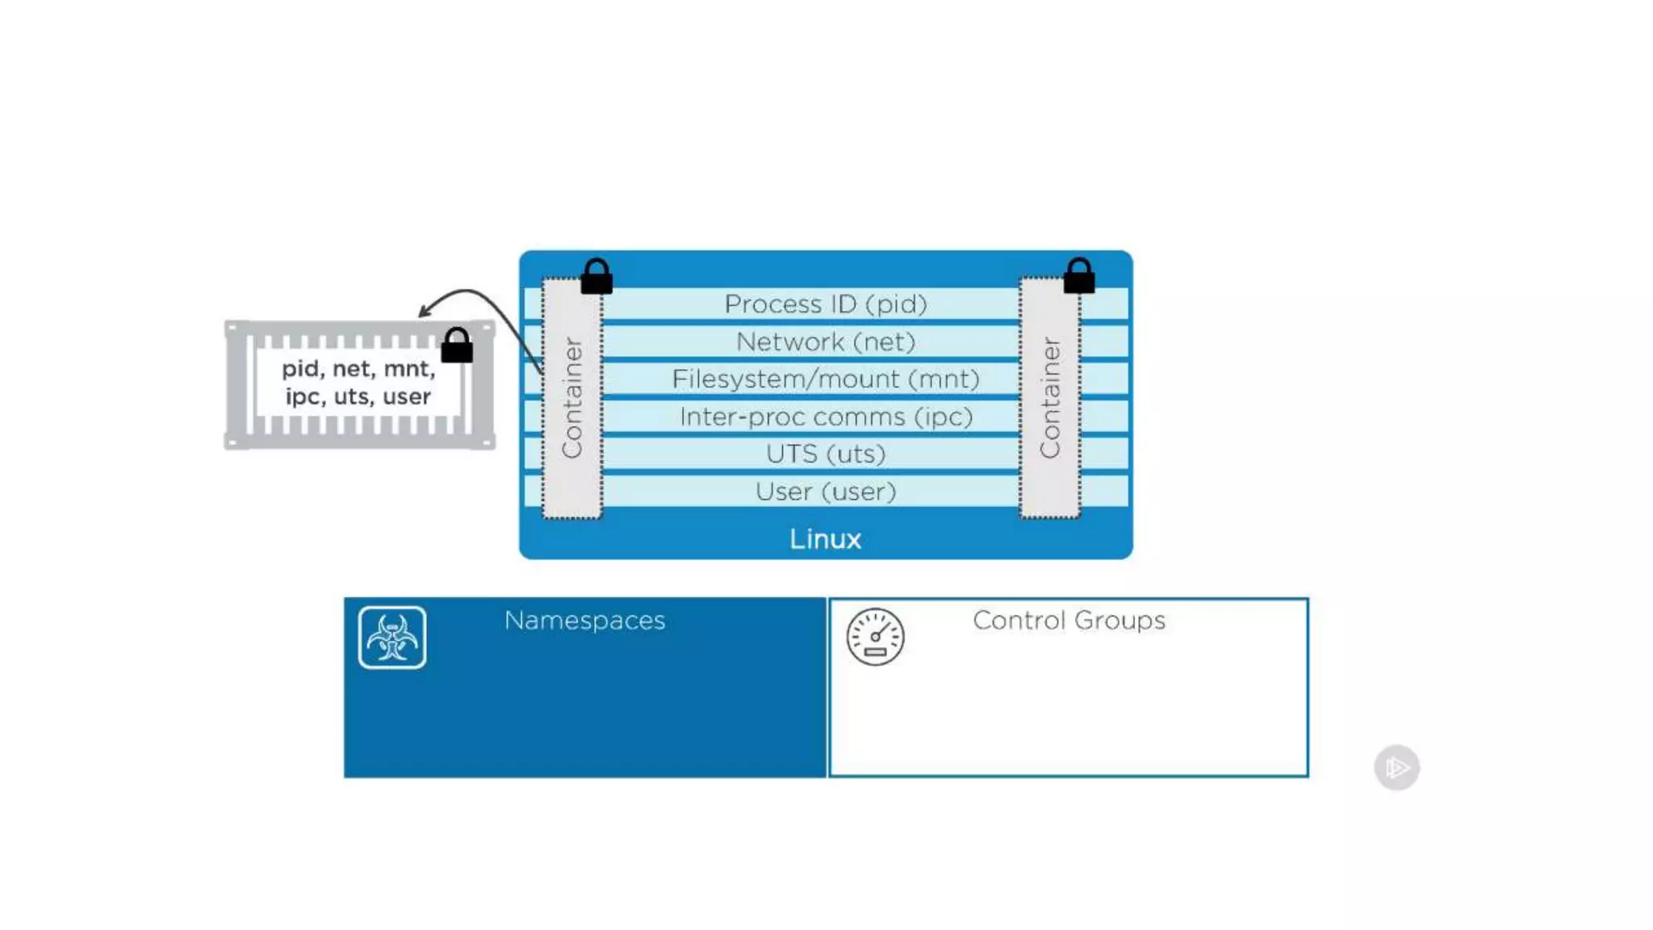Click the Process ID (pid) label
tap(825, 304)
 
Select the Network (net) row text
tap(825, 342)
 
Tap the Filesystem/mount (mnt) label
tap(825, 379)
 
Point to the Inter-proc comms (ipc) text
tap(825, 417)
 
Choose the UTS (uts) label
tap(825, 454)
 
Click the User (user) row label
tap(825, 492)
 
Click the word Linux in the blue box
tap(825, 538)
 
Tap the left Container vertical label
tap(571, 398)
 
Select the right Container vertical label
tap(1049, 398)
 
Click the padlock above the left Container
tap(596, 277)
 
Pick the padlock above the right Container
tap(1079, 277)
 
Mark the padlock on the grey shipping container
tap(457, 346)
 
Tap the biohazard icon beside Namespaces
tap(392, 638)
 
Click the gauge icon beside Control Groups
tap(875, 637)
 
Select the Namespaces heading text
tap(584, 620)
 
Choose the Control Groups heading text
tap(1069, 620)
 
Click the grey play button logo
tap(1396, 767)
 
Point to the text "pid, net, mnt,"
tap(358, 369)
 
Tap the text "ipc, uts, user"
tap(358, 397)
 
